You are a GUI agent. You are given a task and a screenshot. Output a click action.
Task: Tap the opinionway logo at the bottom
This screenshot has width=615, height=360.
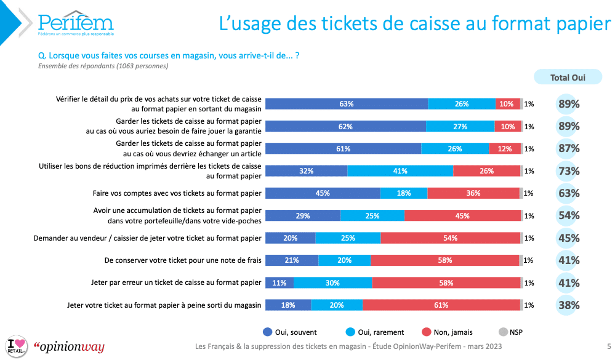69,347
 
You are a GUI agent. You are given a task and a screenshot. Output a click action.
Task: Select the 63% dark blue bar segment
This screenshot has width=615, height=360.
346,104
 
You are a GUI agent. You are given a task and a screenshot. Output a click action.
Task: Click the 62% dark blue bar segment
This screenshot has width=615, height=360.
345,126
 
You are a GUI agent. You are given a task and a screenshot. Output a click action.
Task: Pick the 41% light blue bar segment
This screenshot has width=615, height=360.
400,171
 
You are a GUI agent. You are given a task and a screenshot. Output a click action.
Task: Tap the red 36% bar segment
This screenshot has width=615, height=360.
473,193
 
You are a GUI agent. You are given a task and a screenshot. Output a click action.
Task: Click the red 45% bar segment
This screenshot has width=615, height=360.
462,216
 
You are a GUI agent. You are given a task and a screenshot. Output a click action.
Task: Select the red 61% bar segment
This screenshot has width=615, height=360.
441,305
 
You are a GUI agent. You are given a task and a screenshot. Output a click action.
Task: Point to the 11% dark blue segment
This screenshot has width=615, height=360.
279,283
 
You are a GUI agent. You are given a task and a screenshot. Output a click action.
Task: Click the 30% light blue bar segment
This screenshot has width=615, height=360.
332,283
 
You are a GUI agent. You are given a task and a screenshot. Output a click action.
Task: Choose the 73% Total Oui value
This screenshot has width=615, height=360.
569,171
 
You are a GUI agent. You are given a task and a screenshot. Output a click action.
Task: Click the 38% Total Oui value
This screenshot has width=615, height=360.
569,305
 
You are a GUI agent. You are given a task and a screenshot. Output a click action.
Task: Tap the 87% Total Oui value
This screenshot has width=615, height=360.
569,149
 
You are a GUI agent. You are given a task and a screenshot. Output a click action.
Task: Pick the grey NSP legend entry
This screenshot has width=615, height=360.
510,332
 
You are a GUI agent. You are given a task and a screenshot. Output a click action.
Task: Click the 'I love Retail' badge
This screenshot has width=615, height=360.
17,346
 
